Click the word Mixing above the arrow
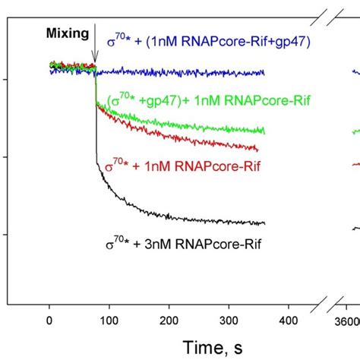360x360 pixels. click(x=67, y=34)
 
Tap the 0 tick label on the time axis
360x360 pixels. click(x=49, y=321)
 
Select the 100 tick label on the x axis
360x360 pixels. click(x=109, y=321)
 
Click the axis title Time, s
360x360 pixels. click(x=202, y=346)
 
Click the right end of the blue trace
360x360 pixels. click(x=264, y=73)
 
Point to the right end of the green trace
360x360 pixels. click(x=264, y=131)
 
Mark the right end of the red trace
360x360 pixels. click(x=257, y=150)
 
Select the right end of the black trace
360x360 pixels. click(x=264, y=223)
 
